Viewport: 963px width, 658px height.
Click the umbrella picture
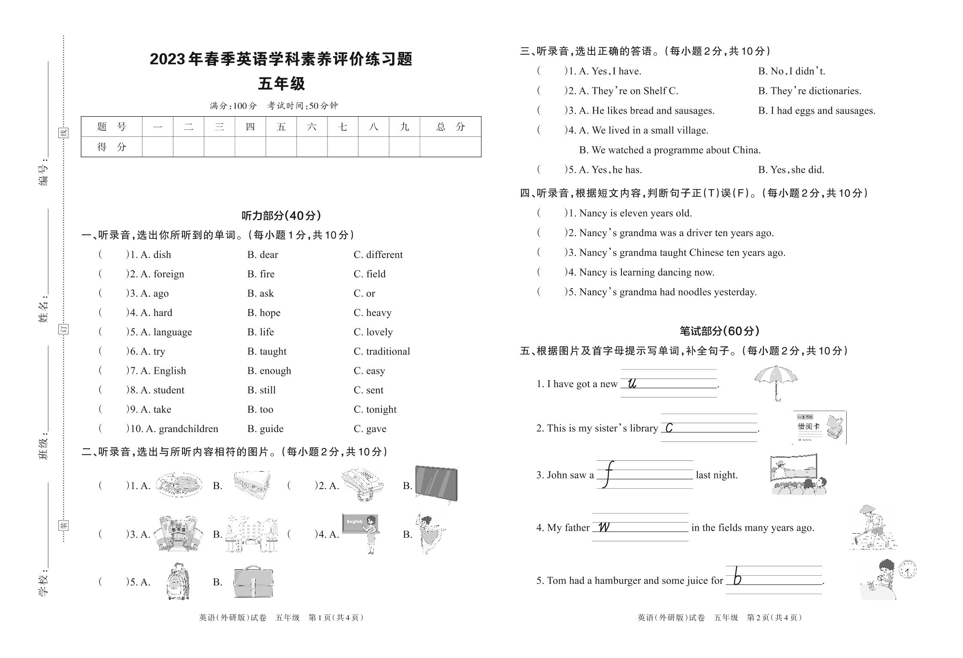tap(776, 382)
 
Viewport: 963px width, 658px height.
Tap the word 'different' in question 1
tap(384, 255)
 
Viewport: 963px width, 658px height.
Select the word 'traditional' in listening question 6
tap(388, 352)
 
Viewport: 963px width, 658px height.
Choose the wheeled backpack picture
tap(178, 581)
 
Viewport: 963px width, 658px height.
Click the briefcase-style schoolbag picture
tap(253, 582)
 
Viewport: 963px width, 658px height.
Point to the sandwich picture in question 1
tap(252, 484)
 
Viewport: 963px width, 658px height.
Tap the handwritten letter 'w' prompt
tap(604, 527)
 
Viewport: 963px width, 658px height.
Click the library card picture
tap(819, 427)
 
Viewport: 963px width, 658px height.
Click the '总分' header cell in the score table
tap(450, 126)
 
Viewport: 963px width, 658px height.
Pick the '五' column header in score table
tap(281, 126)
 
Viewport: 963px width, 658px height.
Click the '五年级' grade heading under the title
tap(281, 84)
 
